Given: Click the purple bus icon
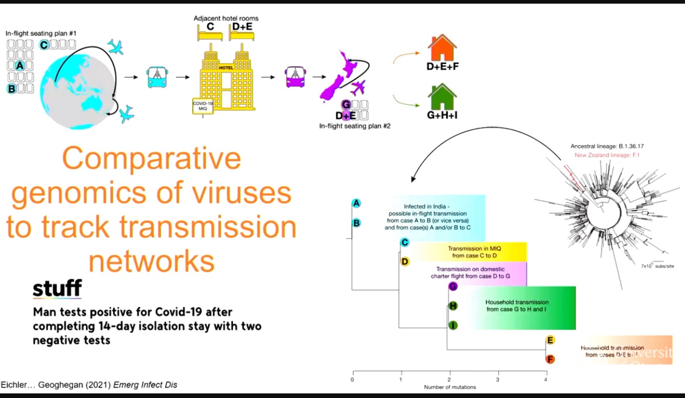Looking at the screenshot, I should (294, 77).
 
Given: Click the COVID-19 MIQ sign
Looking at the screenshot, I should (203, 106).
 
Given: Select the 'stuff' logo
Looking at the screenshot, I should (57, 289).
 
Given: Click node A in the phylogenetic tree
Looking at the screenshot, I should (356, 203).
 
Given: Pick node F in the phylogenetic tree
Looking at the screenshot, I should (550, 359).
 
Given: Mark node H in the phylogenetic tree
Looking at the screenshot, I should (452, 306).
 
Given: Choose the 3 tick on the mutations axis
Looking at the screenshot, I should (498, 380).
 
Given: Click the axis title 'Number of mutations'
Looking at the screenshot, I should (450, 387).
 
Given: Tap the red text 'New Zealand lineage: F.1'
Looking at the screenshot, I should (607, 155).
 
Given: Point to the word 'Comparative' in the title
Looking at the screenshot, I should (151, 160).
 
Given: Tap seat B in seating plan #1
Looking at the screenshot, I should (11, 89).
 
